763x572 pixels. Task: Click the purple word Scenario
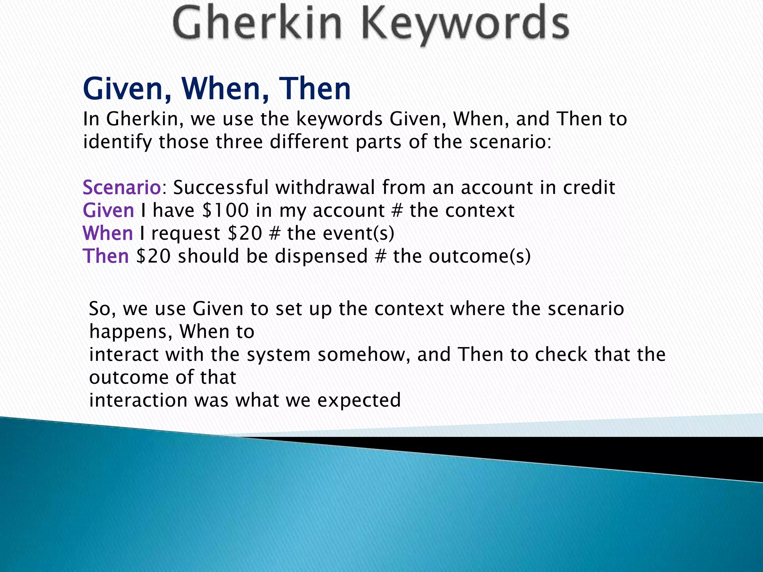(121, 187)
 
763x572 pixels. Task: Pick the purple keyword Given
(108, 210)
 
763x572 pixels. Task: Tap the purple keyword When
(108, 233)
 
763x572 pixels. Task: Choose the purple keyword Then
(106, 257)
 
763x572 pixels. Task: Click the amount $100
(225, 210)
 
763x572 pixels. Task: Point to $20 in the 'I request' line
(245, 233)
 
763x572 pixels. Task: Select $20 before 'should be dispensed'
(153, 257)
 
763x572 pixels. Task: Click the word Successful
(221, 187)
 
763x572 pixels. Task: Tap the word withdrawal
(325, 187)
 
